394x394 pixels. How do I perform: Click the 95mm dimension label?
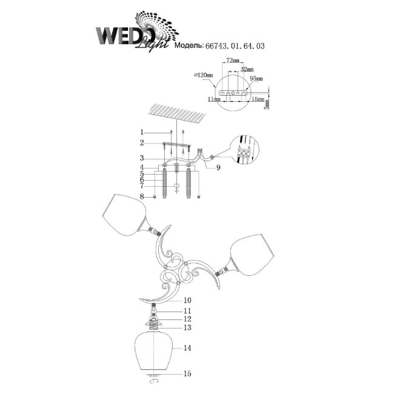(255, 79)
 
